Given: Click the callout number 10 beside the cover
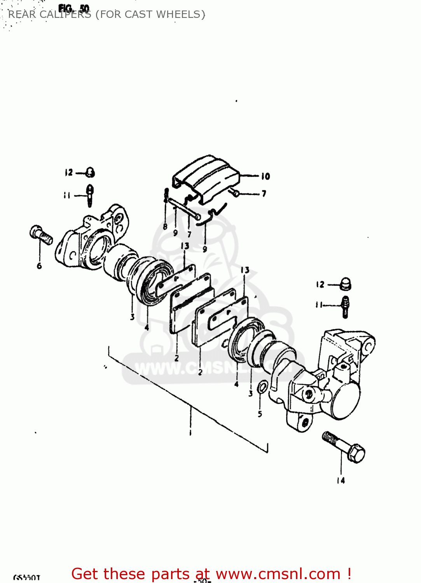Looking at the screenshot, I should point(266,176).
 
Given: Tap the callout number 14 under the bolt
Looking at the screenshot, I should point(341,481).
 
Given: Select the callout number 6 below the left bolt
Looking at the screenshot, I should point(39,266).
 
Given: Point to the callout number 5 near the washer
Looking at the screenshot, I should point(260,414).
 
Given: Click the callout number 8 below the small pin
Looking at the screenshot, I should point(165,226).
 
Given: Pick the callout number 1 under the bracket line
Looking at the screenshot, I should point(190,433).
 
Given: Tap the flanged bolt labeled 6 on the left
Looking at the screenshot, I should point(41,235).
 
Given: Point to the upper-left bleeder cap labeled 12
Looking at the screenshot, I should point(90,172).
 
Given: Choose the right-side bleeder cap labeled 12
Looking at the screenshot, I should point(345,285).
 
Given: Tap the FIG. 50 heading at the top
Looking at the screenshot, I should point(74,8).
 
